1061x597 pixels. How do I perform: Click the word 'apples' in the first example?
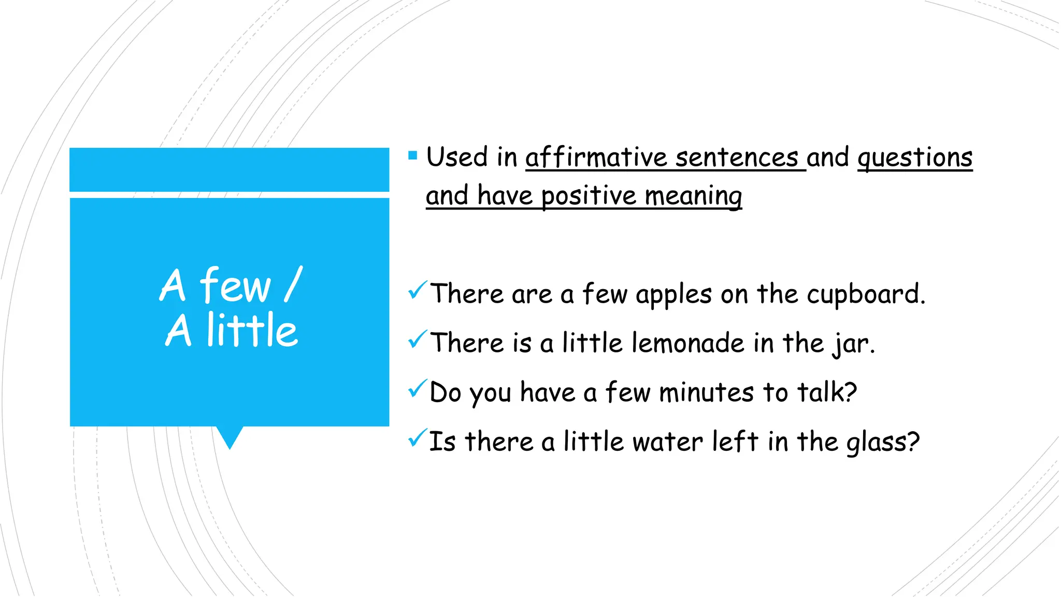point(673,295)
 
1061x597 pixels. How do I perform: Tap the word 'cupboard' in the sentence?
point(865,295)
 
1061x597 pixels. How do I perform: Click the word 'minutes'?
point(706,393)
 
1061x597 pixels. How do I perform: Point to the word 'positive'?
point(589,196)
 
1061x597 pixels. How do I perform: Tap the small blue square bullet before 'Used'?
point(412,155)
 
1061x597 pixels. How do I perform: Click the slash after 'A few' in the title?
point(293,285)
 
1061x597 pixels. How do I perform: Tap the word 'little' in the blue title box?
point(252,330)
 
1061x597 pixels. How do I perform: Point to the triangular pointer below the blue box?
point(230,436)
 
